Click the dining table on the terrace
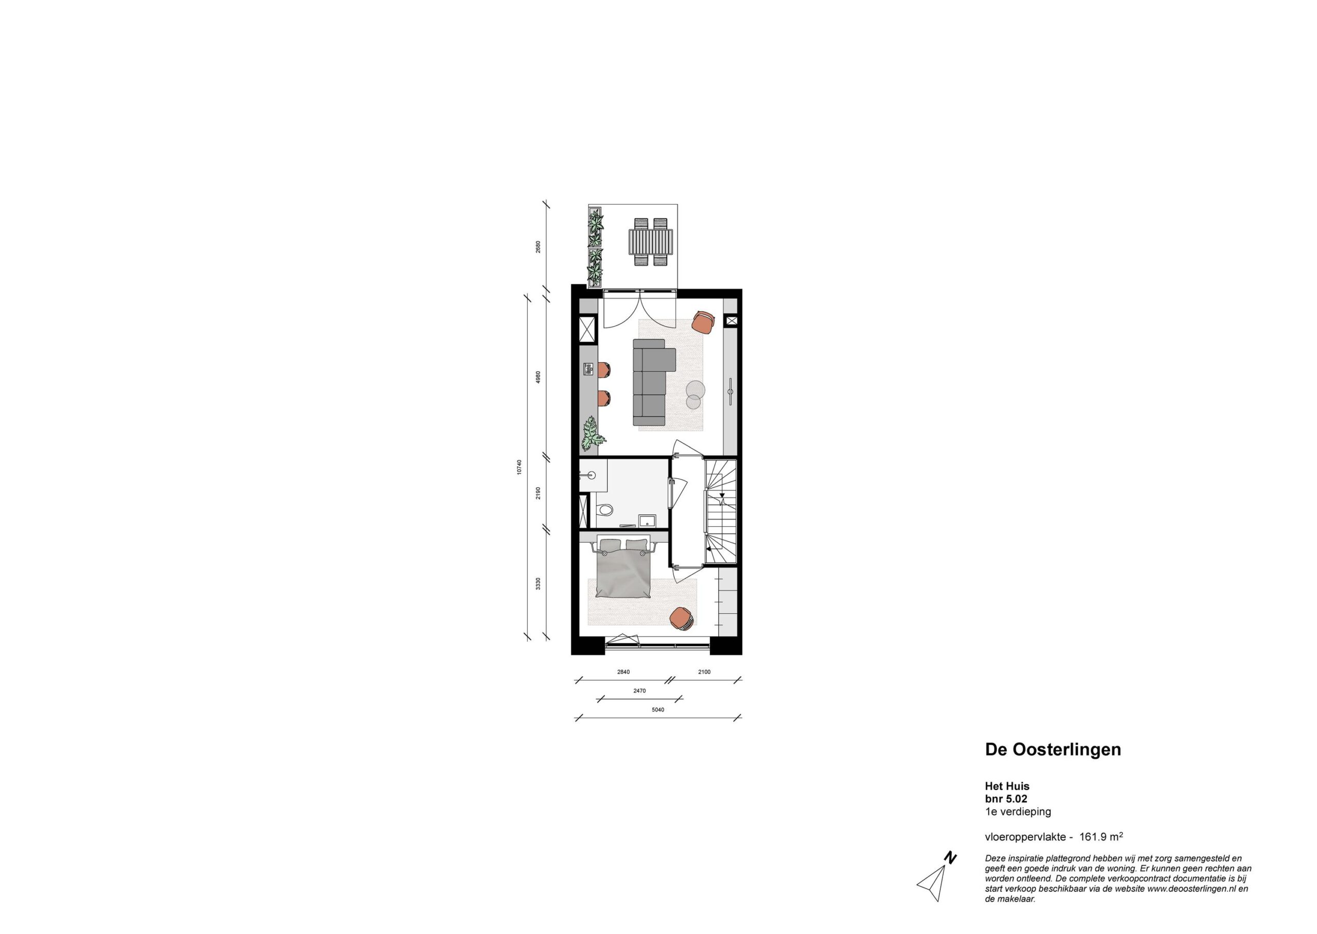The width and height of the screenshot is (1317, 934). click(650, 242)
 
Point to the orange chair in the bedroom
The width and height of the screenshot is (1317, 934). click(682, 619)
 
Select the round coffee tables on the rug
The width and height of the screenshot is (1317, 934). click(695, 394)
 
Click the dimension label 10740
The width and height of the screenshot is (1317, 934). click(519, 466)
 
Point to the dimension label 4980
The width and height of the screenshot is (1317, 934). click(538, 378)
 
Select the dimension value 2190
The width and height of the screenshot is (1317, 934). click(538, 493)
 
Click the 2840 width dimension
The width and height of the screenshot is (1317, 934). click(624, 672)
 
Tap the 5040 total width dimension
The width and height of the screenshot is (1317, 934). click(658, 710)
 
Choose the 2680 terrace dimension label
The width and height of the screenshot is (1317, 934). click(538, 247)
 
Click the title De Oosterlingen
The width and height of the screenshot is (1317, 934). click(1053, 750)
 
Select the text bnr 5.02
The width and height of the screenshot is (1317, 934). click(1006, 799)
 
